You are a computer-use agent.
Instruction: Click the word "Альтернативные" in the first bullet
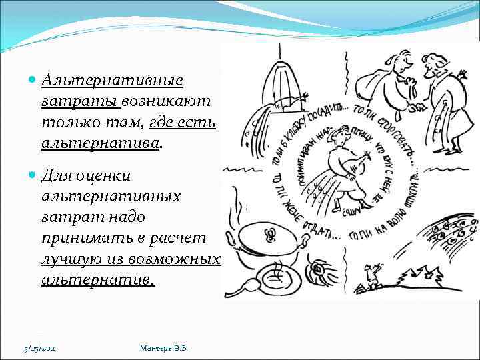111,81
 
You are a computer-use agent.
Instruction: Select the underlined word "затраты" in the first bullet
80,101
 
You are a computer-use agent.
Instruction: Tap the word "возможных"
181,259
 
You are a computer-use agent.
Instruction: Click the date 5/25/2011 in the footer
40,349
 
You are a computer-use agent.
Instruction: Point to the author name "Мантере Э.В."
164,348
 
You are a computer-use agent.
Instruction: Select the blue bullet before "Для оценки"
33,176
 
